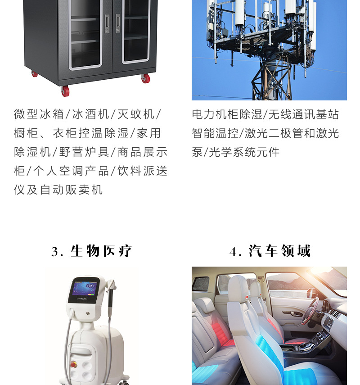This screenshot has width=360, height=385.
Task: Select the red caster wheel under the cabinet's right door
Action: pos(145,78)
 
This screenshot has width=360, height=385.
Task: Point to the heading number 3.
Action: pos(55,252)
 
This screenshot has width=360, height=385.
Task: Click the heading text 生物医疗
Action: pos(101,251)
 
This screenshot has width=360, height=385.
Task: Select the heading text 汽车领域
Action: pos(279,251)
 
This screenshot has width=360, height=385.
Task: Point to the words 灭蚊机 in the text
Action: pos(136,114)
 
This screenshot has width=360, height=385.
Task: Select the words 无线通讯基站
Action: pos(304,114)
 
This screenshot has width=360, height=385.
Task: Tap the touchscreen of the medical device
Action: pos(85,290)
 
